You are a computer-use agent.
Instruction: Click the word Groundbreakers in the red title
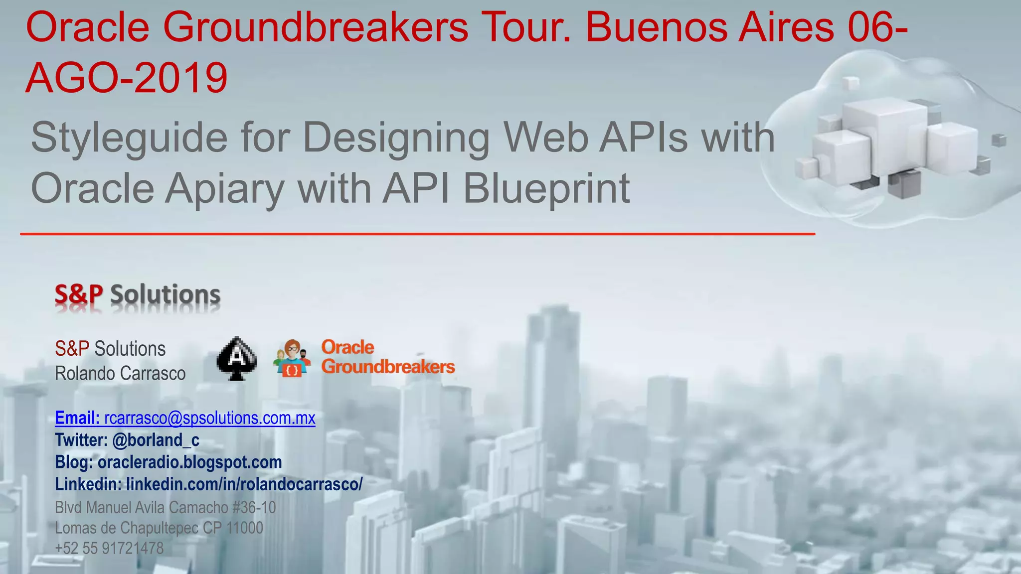coord(315,28)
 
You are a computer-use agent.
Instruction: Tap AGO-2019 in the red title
coord(127,78)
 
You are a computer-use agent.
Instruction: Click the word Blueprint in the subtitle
coord(546,189)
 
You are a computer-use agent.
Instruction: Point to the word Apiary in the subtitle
coord(225,189)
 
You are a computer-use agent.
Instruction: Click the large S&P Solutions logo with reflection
coord(138,295)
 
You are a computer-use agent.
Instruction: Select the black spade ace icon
coord(237,359)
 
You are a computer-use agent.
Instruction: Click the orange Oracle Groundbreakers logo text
coord(388,357)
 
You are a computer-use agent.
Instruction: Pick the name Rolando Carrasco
coord(120,373)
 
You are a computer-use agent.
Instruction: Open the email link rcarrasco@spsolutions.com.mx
coord(210,418)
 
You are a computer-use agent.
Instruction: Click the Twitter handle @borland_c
coord(156,440)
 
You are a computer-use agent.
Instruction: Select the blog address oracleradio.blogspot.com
coord(189,462)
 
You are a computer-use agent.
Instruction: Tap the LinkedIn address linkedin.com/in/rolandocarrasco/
coord(244,484)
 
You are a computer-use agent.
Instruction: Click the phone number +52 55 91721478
coord(109,548)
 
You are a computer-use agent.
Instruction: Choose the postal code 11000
coord(245,528)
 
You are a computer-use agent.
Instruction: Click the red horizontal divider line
coord(417,234)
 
